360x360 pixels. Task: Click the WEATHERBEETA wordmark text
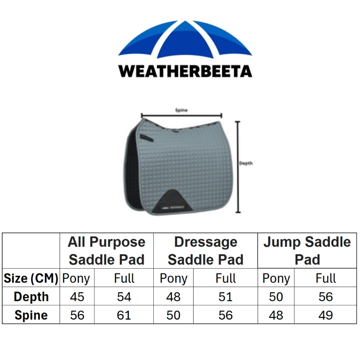185,71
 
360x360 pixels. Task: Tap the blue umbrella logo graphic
185,39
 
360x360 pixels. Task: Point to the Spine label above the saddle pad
181,110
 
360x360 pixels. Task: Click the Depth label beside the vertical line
246,163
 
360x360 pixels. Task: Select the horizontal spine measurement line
181,115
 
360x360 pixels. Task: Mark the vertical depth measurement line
238,167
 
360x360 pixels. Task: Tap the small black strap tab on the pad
146,137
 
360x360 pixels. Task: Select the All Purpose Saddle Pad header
107,251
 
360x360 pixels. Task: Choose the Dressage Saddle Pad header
206,251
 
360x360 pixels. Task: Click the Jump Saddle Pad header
307,251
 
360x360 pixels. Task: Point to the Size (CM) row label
31,279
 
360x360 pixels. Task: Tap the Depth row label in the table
31,297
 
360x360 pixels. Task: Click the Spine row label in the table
31,315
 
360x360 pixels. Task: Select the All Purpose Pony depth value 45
77,297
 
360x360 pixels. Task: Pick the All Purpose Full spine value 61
124,315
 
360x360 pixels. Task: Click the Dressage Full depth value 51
225,297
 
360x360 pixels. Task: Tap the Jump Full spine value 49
325,315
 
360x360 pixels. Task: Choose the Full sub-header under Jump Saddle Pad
325,278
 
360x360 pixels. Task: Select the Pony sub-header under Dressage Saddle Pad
174,279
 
